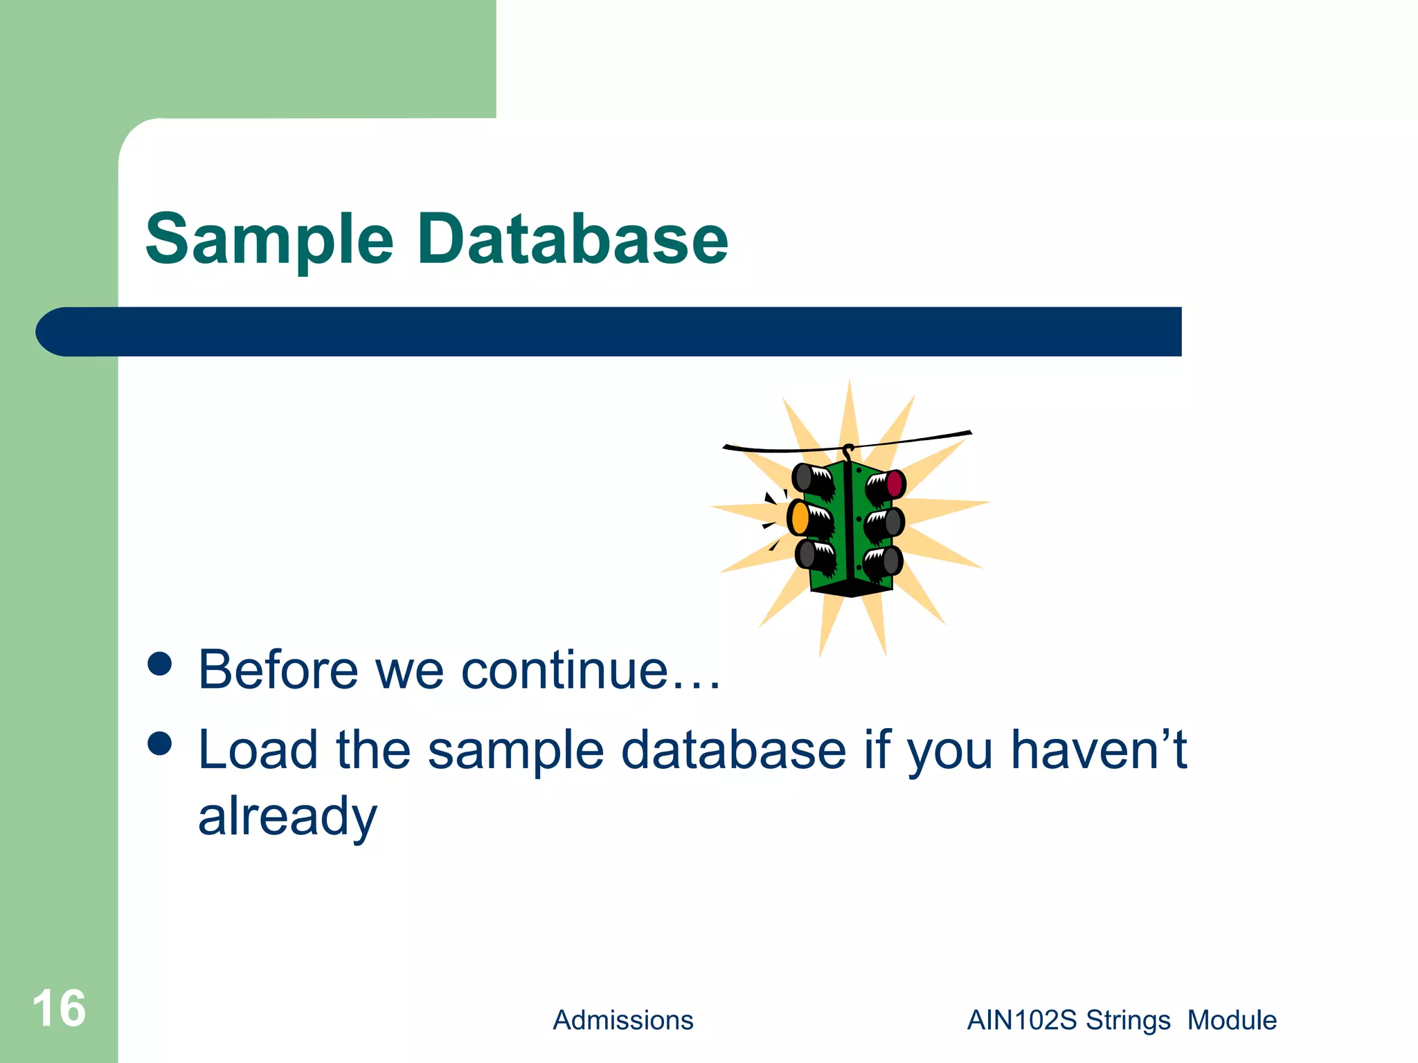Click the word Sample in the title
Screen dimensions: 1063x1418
coord(269,239)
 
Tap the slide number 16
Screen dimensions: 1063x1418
coord(59,1009)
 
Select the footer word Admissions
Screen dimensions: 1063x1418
coord(622,1021)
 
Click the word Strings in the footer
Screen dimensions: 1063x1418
coord(1128,1021)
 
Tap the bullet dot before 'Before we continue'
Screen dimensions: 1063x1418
coord(160,664)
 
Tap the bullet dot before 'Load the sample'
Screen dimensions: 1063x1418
coord(160,744)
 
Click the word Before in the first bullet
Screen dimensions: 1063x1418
coord(278,670)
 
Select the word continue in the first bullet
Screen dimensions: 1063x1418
coord(564,670)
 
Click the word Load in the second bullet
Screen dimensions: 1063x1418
coord(258,750)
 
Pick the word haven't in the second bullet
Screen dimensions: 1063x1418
coord(1098,750)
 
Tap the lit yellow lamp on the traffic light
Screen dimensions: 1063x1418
coord(800,518)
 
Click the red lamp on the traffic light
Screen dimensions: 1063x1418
coord(895,483)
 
